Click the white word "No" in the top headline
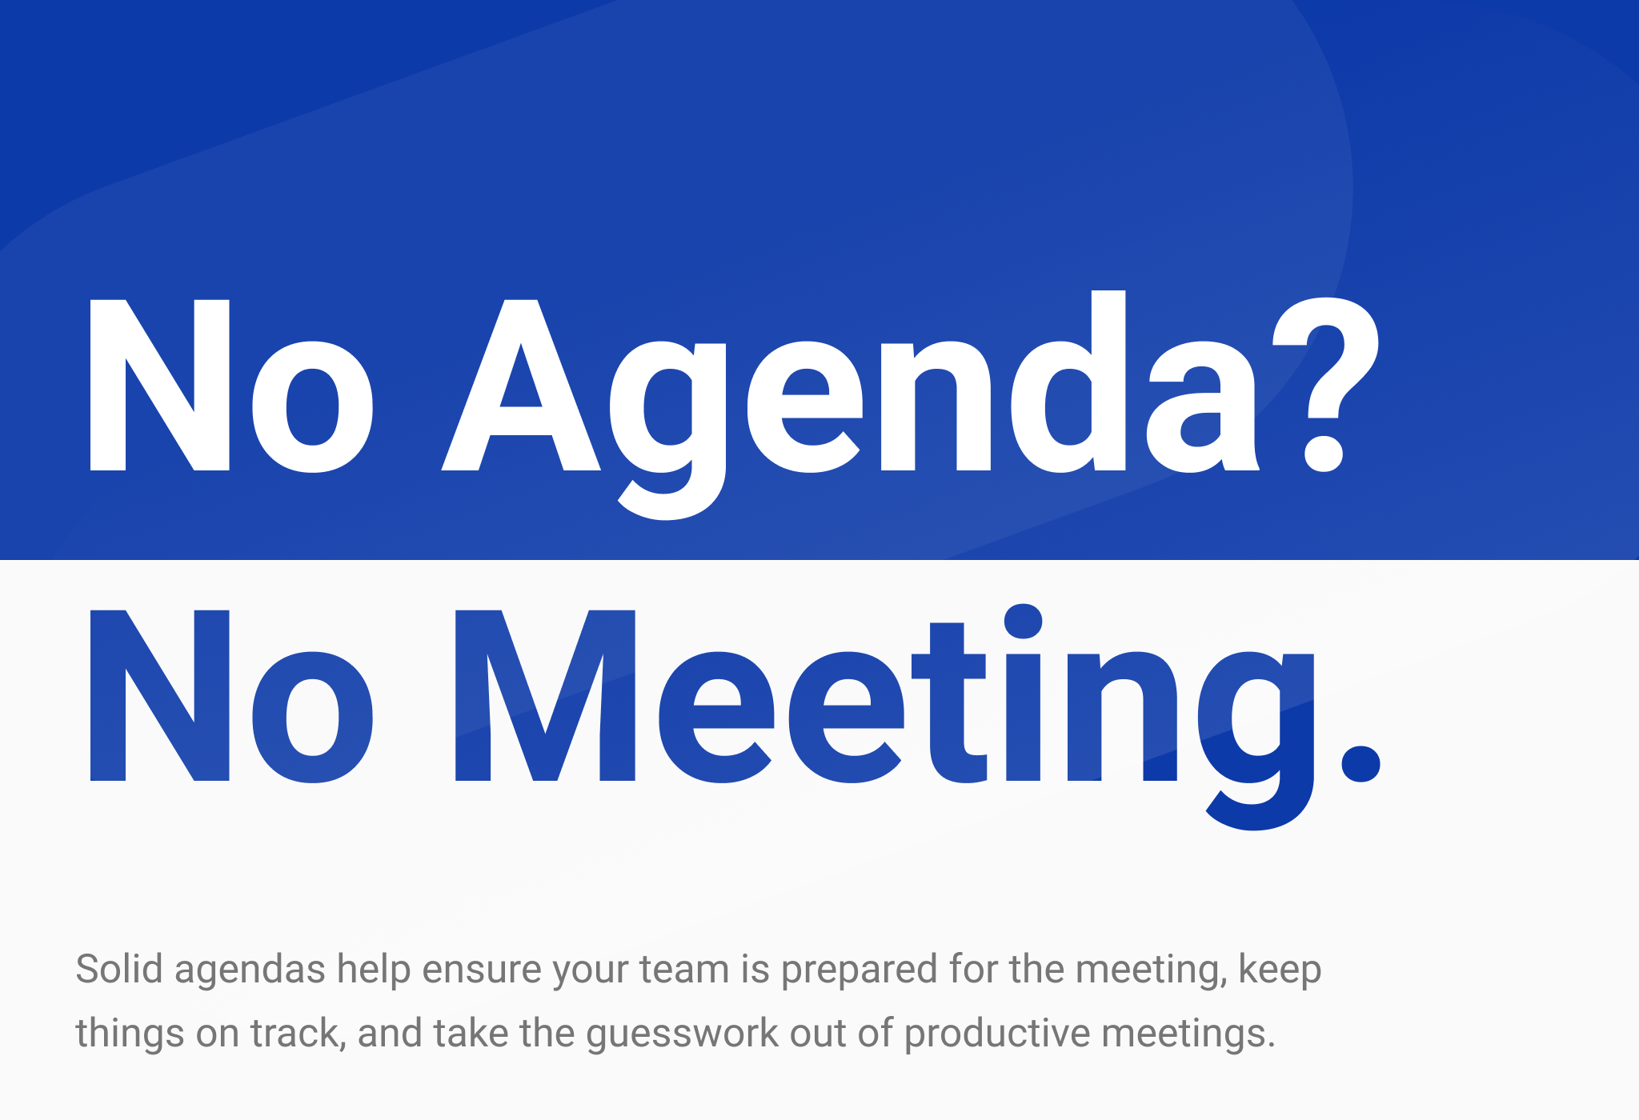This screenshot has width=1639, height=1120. (x=231, y=386)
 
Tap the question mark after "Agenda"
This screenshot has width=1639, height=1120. (x=1325, y=385)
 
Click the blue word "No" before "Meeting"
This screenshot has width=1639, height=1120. (x=231, y=696)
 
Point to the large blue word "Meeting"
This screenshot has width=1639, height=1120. (x=884, y=717)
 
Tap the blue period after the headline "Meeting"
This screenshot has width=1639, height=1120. (x=1360, y=763)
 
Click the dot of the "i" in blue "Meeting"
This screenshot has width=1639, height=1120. (x=1023, y=622)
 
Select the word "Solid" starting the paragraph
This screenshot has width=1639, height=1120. (x=119, y=969)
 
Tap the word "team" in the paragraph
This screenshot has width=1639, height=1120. (x=684, y=970)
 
